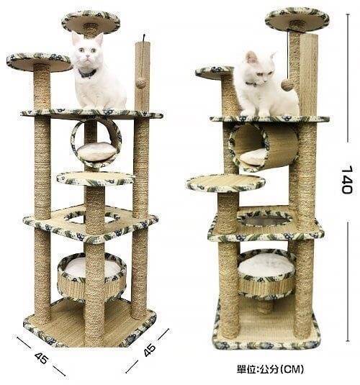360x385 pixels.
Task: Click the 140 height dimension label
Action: click(x=347, y=180)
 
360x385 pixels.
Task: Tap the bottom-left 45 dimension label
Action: click(x=41, y=358)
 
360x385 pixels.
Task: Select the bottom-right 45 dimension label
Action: click(x=150, y=350)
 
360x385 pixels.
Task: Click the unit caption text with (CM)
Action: click(x=270, y=369)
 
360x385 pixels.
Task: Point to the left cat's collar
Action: click(x=87, y=73)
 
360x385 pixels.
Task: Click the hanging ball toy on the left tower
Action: click(x=140, y=83)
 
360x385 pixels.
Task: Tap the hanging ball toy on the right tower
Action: click(x=287, y=85)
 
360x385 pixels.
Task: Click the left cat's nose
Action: click(x=86, y=57)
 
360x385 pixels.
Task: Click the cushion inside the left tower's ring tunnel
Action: click(x=96, y=152)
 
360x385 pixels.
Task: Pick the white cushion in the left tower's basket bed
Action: click(x=91, y=268)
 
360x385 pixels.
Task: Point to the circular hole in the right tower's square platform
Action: click(x=264, y=219)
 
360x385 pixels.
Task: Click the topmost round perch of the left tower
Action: click(x=91, y=22)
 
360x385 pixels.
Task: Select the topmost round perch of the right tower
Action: click(x=297, y=19)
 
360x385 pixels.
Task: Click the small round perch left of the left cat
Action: click(x=40, y=62)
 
